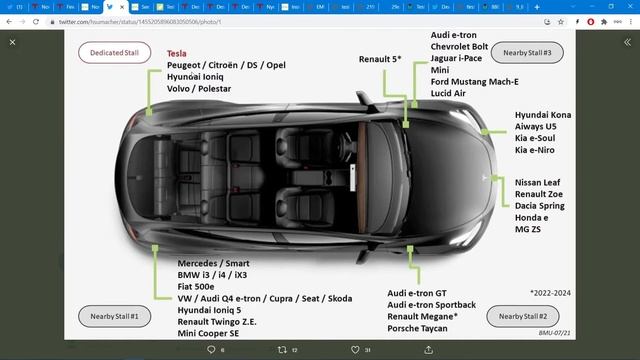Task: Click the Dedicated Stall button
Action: click(113, 52)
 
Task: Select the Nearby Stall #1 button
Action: click(113, 316)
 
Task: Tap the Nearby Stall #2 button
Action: click(522, 316)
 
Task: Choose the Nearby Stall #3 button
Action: click(534, 51)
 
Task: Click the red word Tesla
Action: click(177, 53)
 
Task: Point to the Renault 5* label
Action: click(380, 59)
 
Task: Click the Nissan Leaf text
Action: click(540, 182)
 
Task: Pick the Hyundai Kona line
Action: click(543, 116)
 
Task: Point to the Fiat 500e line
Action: click(186, 286)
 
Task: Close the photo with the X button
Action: click(13, 42)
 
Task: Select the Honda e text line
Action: click(532, 218)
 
